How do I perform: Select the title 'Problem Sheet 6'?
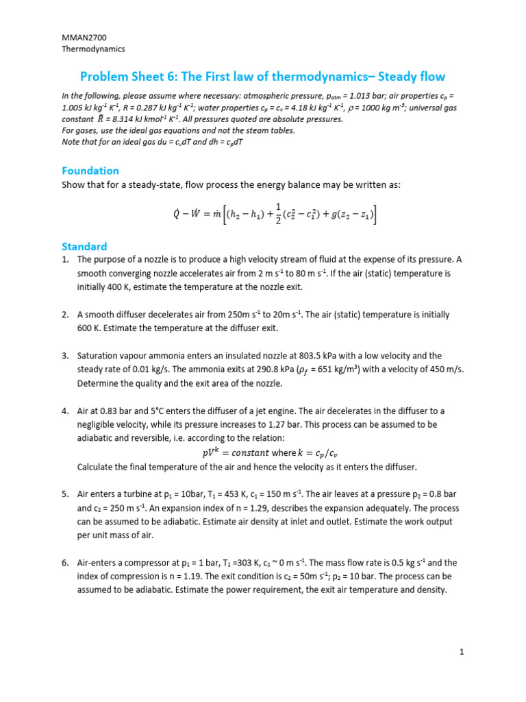click(x=127, y=76)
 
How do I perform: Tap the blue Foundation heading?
click(x=90, y=171)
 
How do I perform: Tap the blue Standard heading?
click(x=84, y=246)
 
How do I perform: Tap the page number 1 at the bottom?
click(x=462, y=653)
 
